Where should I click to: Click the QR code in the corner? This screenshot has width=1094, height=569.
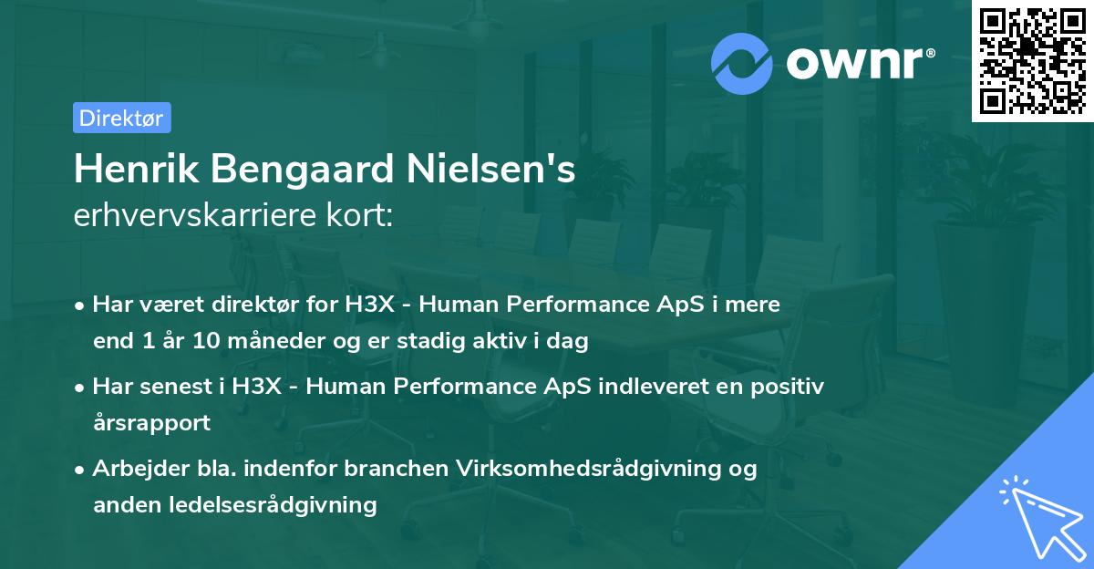[1033, 60]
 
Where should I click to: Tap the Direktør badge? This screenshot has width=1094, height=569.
[121, 118]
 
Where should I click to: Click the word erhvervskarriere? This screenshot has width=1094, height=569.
[186, 217]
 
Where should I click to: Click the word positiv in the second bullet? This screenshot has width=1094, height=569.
[791, 387]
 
